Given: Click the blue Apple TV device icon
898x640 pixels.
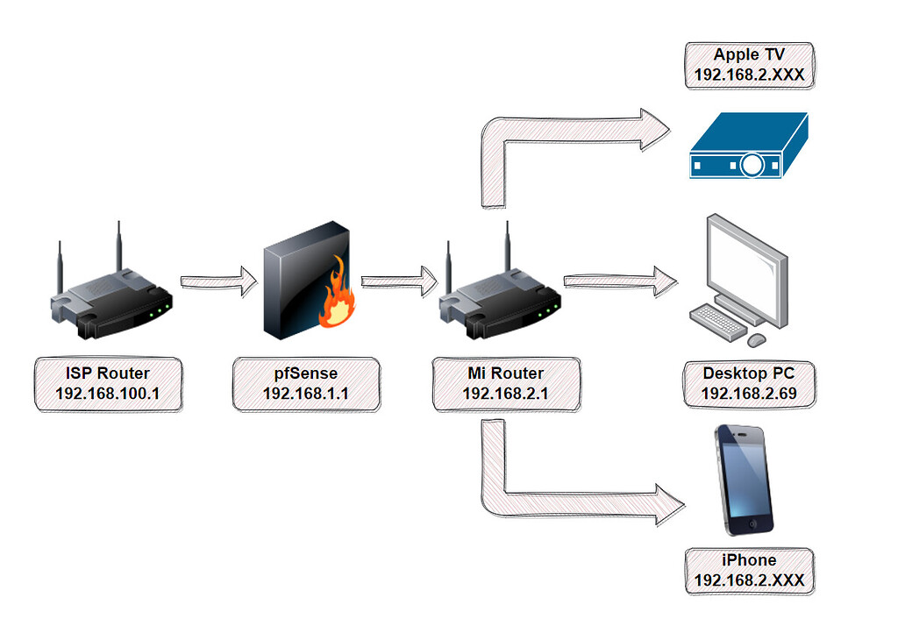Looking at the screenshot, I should (x=747, y=146).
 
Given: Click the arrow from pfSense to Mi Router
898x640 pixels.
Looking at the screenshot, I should (x=399, y=281).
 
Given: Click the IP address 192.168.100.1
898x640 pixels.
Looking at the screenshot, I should (x=108, y=394).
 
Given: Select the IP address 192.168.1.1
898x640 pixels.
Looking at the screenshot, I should (x=306, y=394).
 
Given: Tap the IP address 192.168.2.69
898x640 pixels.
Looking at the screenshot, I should (x=749, y=394).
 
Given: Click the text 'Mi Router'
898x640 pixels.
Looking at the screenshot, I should (x=505, y=373).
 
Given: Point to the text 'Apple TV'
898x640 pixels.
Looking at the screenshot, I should (x=749, y=55).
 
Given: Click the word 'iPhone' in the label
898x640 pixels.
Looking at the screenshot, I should (x=749, y=560).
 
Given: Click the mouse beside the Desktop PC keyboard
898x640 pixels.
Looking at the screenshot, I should (x=757, y=338).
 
